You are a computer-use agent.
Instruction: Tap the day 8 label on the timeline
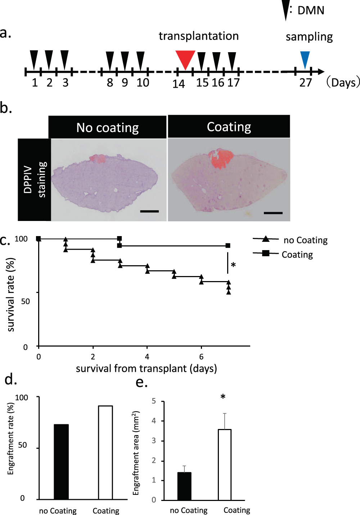110,83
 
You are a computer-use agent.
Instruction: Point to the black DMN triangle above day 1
34,59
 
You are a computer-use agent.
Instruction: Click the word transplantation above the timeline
199,36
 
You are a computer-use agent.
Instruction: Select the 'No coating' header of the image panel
107,127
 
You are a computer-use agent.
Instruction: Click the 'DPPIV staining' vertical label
35,180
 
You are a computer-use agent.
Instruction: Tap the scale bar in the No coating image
149,211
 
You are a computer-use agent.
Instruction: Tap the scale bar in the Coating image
273,213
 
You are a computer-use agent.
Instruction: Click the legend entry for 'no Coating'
305,240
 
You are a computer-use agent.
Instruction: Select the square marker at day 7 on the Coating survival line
228,245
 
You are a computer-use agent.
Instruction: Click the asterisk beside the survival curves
233,266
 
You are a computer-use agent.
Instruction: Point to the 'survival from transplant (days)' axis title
146,369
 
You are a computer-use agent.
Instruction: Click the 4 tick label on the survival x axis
147,357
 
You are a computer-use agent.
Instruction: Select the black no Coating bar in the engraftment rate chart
61,462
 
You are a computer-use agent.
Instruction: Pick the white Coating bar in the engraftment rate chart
105,452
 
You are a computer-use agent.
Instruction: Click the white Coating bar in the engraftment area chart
225,465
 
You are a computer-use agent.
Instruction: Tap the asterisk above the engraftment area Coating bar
223,397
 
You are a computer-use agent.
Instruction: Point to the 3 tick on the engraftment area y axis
154,441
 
